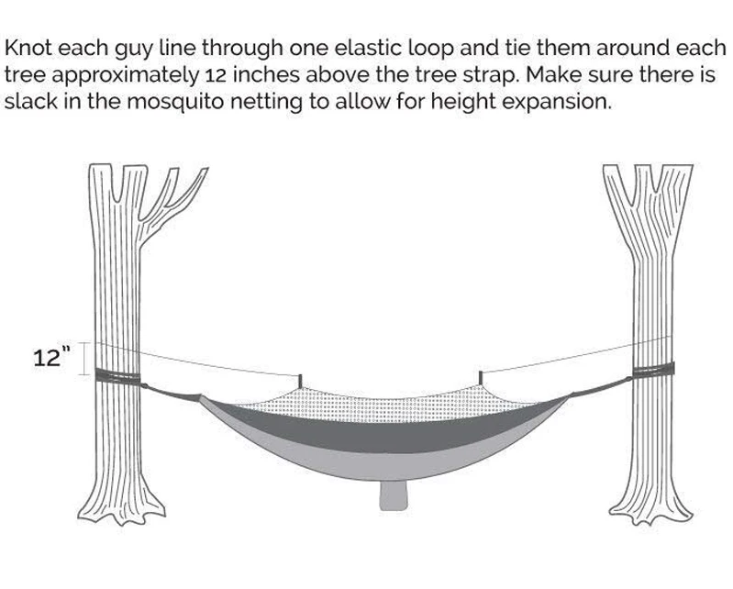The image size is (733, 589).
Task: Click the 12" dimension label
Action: coord(51,358)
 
